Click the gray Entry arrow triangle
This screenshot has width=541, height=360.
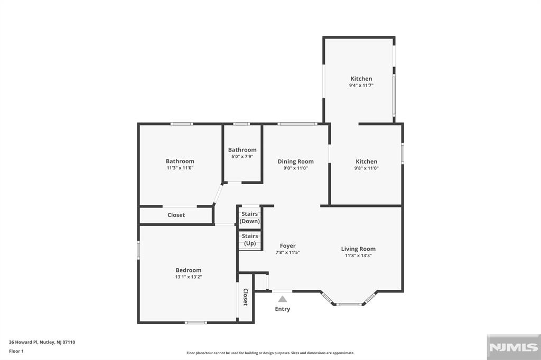[283, 299]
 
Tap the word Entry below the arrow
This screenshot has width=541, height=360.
[283, 309]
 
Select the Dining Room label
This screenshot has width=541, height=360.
[296, 162]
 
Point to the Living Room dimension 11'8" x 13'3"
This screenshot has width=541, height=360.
[358, 255]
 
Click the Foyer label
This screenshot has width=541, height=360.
[288, 246]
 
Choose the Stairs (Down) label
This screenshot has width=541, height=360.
[250, 217]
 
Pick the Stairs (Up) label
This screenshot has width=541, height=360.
[250, 240]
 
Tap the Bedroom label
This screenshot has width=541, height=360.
[189, 270]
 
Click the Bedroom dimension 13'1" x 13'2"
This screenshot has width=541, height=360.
[189, 277]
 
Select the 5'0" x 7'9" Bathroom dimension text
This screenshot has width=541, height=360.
[242, 156]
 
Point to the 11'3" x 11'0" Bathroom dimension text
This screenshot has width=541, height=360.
[180, 168]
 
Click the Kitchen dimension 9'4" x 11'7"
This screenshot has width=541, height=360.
[361, 85]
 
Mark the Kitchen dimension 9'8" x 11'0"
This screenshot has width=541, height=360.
[367, 168]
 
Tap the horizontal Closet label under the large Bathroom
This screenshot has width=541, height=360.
[176, 215]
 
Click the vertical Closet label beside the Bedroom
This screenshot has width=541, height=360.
[245, 297]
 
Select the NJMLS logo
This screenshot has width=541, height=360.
[514, 347]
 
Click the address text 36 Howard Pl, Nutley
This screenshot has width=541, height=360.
[32, 343]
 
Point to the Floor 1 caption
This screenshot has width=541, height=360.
[16, 352]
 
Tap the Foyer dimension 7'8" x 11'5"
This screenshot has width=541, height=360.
[288, 252]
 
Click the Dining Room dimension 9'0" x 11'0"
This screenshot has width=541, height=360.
[296, 168]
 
